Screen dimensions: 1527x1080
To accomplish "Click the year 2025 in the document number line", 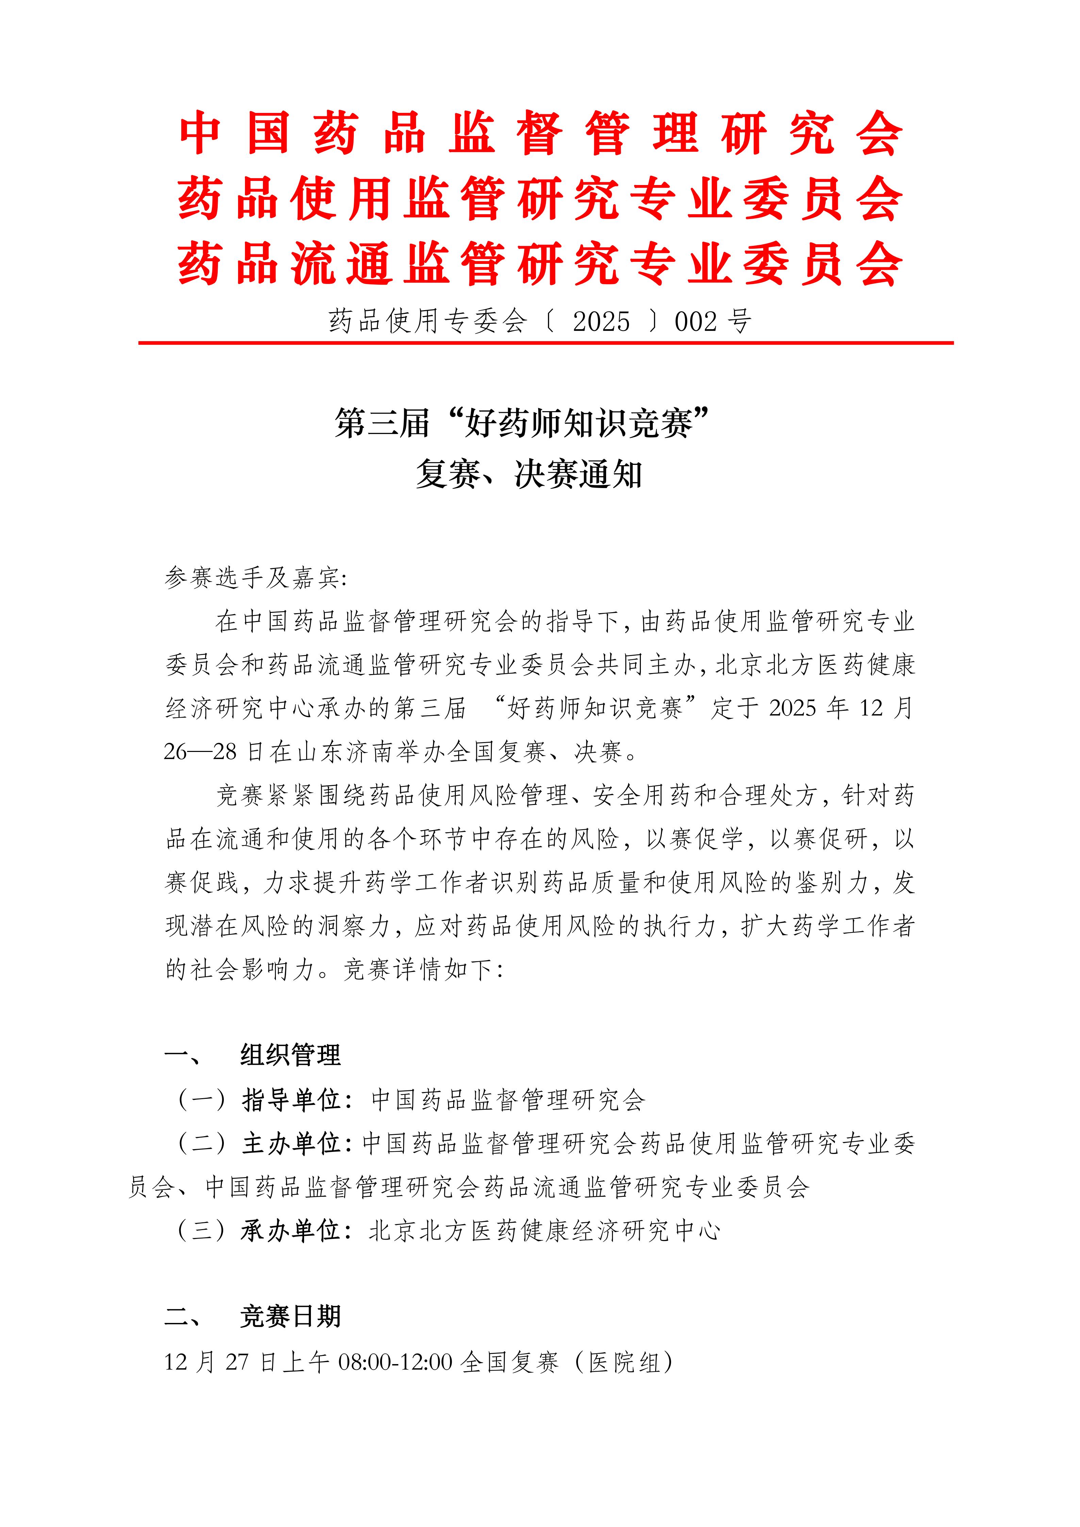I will pyautogui.click(x=600, y=322).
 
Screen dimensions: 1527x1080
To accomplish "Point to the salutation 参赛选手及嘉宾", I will pyautogui.click(x=253, y=577).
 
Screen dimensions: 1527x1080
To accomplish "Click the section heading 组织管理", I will pyautogui.click(x=290, y=1055).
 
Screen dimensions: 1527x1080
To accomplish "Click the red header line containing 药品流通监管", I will pyautogui.click(x=540, y=264).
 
